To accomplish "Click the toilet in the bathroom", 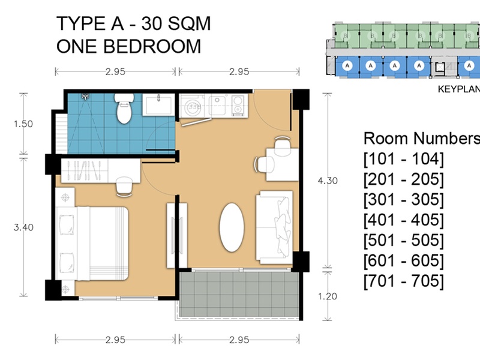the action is (124, 109).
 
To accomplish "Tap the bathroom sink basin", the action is (158, 104).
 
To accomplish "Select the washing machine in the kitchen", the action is (193, 106).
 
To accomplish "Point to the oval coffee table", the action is (232, 227).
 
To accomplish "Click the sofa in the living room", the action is (275, 227).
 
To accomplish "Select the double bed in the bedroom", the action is (92, 244).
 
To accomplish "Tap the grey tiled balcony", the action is (239, 294).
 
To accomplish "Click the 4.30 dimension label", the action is (328, 181).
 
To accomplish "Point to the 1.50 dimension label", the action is (23, 124).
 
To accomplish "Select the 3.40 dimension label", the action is (23, 227).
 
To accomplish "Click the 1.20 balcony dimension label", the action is (328, 296).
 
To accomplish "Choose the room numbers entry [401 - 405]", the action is (403, 220).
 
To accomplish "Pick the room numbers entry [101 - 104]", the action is (403, 159).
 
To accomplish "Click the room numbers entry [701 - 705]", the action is (403, 281).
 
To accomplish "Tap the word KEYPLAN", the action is (459, 89).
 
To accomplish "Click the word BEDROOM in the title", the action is (152, 46).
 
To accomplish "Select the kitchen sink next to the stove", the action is (218, 105).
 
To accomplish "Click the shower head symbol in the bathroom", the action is (85, 97).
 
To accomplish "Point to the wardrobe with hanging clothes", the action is (85, 170).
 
